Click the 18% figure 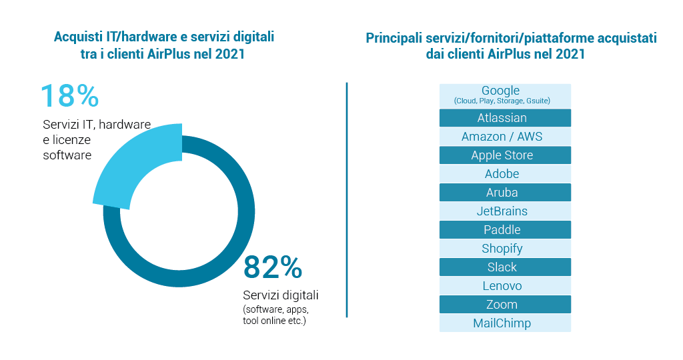coord(69,96)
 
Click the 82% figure coord(272,267)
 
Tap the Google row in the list coord(505,95)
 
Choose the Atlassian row coord(505,118)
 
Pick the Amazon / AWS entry coord(505,137)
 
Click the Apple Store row coord(505,155)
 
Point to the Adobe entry coord(505,174)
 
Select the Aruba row coord(505,193)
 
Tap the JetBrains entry coord(505,211)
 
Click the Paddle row coord(505,230)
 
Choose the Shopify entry coord(505,249)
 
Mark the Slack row coord(505,267)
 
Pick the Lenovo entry coord(505,286)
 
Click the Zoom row coord(505,305)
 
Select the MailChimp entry coord(505,323)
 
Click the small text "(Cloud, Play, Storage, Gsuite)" coord(502,101)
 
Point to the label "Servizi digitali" coord(281,295)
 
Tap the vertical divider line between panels coord(347,200)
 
